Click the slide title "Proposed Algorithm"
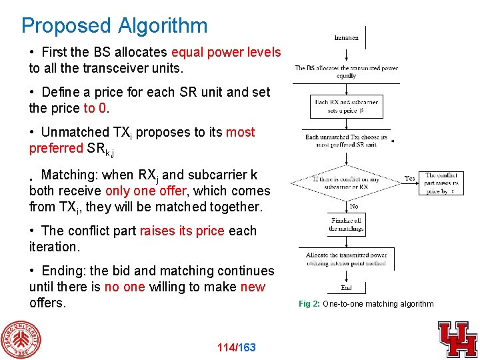pos(114,25)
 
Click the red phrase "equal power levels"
pos(226,52)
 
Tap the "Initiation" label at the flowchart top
pos(346,38)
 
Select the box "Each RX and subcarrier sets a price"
pos(346,107)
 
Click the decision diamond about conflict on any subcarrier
pos(346,180)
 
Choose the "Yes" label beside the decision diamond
pos(410,179)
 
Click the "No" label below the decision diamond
pos(353,207)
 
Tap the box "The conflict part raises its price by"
pos(441,183)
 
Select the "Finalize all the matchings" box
pos(346,225)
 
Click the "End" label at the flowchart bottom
pos(346,288)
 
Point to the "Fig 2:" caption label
pos(309,304)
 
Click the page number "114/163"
pos(237,347)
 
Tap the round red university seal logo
pos(21,339)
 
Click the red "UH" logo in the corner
pos(457,339)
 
